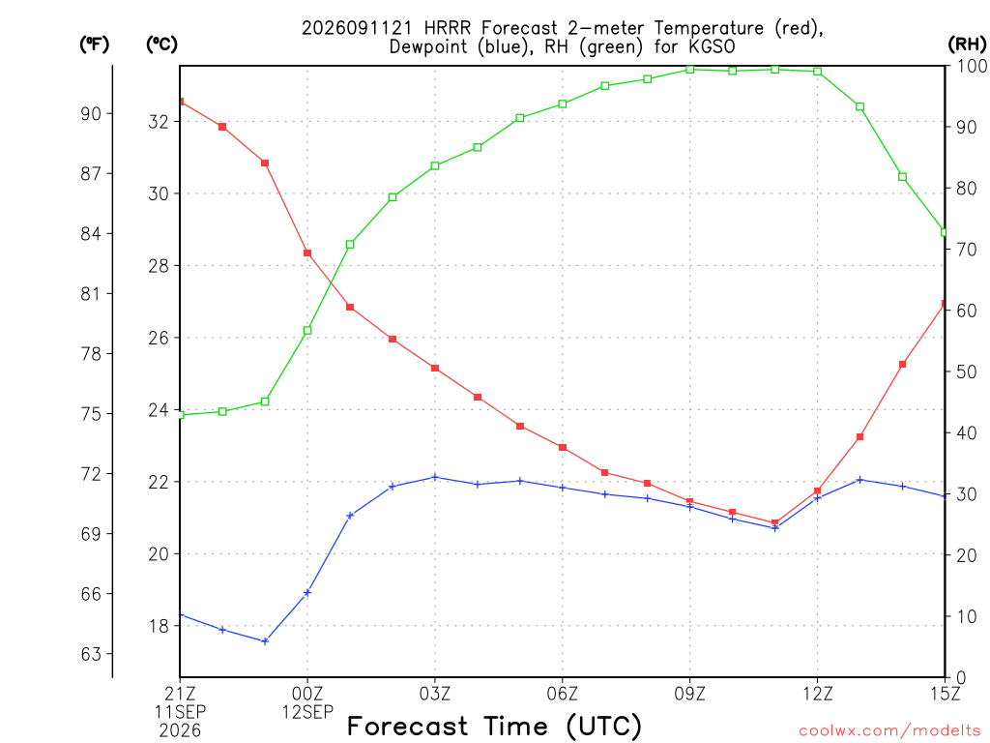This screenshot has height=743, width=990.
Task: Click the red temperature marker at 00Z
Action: tap(307, 253)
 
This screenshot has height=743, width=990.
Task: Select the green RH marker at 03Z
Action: tap(435, 166)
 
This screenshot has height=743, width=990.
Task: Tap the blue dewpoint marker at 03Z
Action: tap(435, 477)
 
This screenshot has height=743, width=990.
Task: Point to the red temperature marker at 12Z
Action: tap(817, 490)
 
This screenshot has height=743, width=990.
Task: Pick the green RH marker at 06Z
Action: tap(563, 104)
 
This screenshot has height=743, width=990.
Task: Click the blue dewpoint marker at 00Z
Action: tap(307, 593)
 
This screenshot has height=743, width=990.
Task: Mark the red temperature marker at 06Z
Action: tap(563, 447)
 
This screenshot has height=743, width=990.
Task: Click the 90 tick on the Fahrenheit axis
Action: tap(91, 114)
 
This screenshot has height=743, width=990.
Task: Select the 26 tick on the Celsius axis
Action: tap(160, 338)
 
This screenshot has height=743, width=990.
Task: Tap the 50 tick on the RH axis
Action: tap(966, 371)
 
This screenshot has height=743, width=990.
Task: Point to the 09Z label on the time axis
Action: tap(689, 694)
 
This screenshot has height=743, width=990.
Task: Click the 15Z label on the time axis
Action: tap(945, 694)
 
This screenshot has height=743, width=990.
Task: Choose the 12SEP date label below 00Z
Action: tap(307, 712)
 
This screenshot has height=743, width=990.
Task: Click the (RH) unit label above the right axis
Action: tap(967, 44)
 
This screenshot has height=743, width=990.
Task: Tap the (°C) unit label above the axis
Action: tap(161, 44)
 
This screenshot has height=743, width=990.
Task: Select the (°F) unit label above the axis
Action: tap(94, 44)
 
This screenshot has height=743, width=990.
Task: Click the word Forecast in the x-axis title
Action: tap(408, 726)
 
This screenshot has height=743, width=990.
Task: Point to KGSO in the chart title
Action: tap(712, 46)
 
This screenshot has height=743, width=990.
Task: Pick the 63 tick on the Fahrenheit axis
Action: tap(91, 654)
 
